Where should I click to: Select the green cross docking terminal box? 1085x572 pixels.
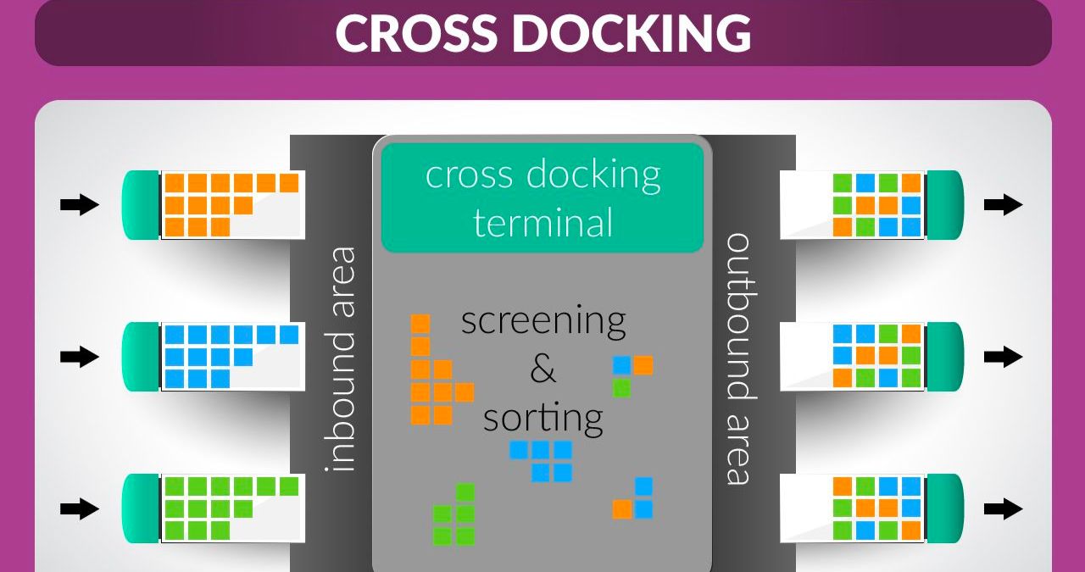click(542, 197)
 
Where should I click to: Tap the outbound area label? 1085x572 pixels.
click(738, 358)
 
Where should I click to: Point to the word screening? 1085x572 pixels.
click(543, 321)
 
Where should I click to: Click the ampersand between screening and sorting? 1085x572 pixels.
click(542, 369)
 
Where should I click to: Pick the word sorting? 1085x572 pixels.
click(542, 417)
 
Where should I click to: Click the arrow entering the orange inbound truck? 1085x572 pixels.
click(80, 204)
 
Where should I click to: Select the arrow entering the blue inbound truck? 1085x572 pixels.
click(80, 357)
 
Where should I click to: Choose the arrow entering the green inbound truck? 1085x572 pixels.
click(80, 508)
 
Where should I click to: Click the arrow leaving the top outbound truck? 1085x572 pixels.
click(1004, 204)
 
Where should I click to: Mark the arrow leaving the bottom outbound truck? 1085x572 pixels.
click(1004, 508)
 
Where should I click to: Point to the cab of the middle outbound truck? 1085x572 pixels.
click(944, 357)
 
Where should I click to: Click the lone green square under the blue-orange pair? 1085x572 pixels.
click(621, 388)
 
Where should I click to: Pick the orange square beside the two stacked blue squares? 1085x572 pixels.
click(622, 509)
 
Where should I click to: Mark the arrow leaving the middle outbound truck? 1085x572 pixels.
click(1004, 357)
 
